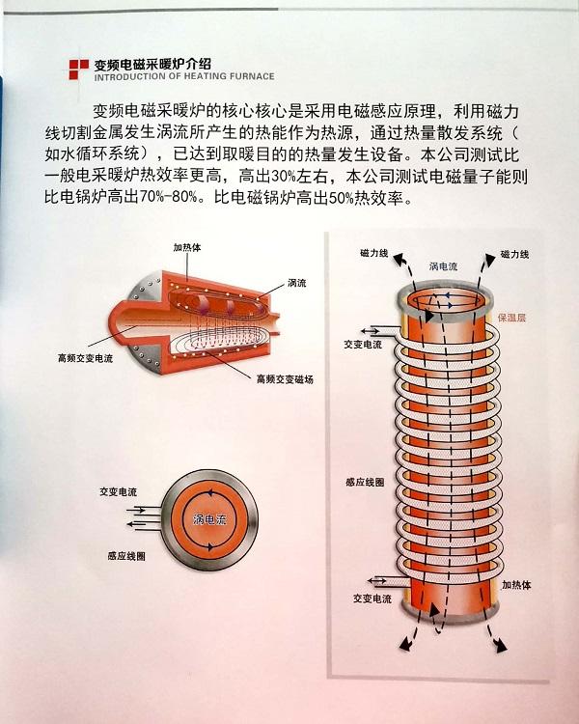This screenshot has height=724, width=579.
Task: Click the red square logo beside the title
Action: pyautogui.click(x=78, y=70)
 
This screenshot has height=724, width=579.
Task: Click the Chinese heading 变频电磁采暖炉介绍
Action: pyautogui.click(x=152, y=65)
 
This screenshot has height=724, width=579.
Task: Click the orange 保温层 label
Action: pyautogui.click(x=511, y=318)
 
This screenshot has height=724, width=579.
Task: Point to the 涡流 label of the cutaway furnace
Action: pyautogui.click(x=297, y=283)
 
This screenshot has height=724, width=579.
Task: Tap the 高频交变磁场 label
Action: pyautogui.click(x=285, y=379)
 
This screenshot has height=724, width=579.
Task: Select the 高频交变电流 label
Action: pyautogui.click(x=86, y=358)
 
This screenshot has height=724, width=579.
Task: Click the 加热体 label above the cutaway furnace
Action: pyautogui.click(x=187, y=247)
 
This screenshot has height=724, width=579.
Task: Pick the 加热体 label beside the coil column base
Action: pyautogui.click(x=516, y=585)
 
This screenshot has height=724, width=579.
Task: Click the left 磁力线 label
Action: pyautogui.click(x=374, y=253)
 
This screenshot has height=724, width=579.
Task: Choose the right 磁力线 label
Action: pyautogui.click(x=514, y=254)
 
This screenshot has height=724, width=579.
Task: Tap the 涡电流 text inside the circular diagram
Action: pyautogui.click(x=209, y=519)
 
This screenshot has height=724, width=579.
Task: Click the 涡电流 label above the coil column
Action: pyautogui.click(x=443, y=266)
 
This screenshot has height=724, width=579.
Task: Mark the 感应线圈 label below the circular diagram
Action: pyautogui.click(x=126, y=556)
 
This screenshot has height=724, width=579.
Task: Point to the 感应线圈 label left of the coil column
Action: pyautogui.click(x=365, y=482)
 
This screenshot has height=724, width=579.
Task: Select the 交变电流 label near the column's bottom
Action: pyautogui.click(x=372, y=599)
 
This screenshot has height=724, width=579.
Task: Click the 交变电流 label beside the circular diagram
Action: pyautogui.click(x=118, y=492)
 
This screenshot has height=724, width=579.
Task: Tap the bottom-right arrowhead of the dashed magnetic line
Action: pyautogui.click(x=500, y=646)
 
